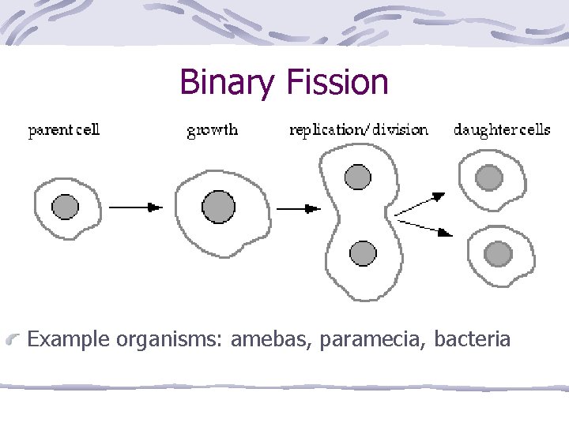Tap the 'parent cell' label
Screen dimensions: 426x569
click(64, 129)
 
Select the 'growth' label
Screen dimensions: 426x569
click(212, 129)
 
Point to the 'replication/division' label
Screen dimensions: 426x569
click(359, 129)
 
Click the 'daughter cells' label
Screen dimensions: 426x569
click(502, 129)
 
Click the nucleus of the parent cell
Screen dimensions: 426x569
click(66, 207)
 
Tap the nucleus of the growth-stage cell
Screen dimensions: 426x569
click(218, 207)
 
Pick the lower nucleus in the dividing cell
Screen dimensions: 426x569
click(363, 253)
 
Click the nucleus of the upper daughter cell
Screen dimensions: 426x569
click(489, 177)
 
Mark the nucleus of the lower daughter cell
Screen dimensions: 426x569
click(498, 253)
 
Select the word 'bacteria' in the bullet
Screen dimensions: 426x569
click(473, 340)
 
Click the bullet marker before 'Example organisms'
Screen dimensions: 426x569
click(13, 341)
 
